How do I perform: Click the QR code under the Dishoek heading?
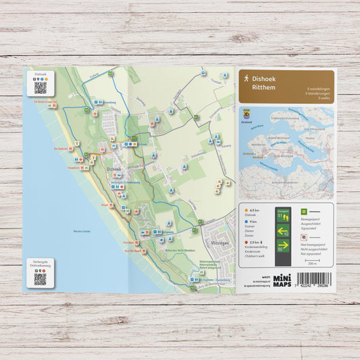[x=41, y=87]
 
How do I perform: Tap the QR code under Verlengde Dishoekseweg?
[x=41, y=278]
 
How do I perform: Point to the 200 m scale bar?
[x=312, y=260]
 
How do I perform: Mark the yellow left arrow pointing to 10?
[x=283, y=231]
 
